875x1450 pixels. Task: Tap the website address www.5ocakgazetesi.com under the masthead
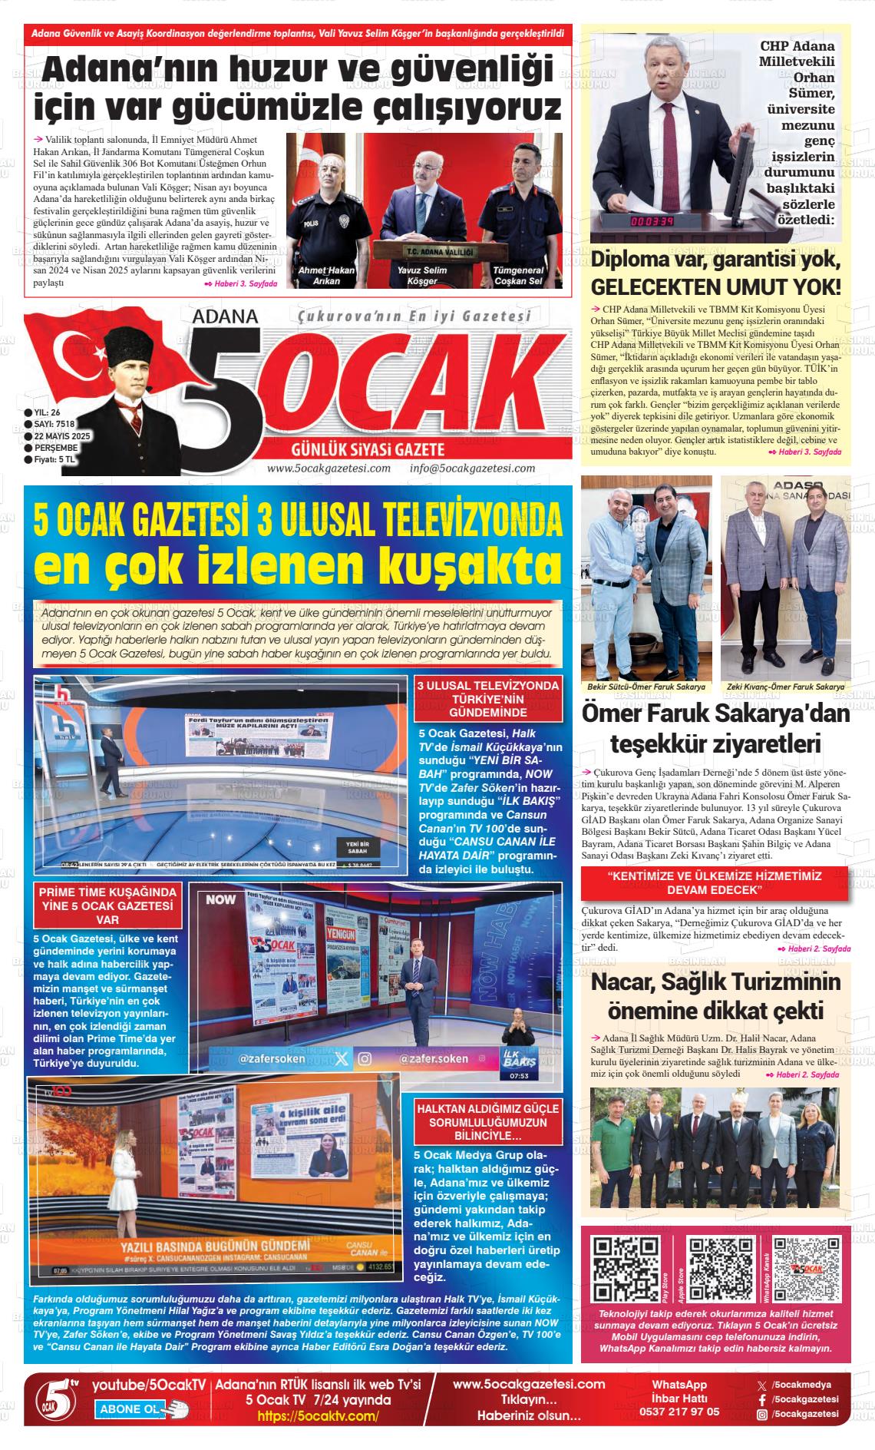[329, 468]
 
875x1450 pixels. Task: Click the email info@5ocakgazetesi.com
[472, 468]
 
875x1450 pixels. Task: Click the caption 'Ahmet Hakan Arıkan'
[326, 276]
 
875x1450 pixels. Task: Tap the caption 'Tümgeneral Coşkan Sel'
[518, 276]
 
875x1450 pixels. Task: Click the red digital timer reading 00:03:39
[652, 222]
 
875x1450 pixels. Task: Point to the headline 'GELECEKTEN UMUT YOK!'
[715, 288]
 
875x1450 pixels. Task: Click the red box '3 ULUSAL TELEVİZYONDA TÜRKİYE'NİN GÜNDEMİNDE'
[488, 698]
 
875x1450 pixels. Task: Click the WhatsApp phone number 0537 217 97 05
[679, 1412]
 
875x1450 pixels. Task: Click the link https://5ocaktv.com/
[318, 1416]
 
